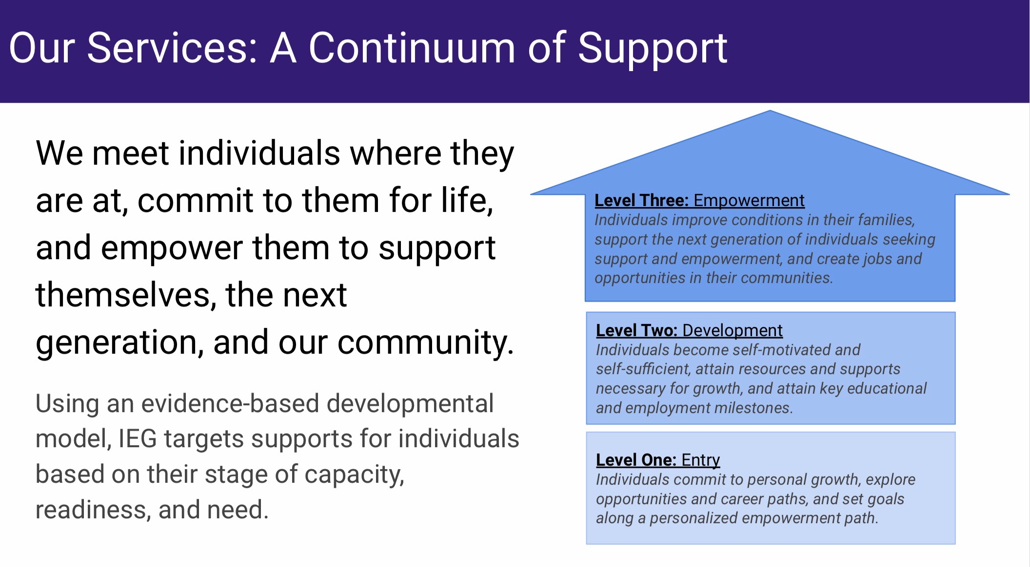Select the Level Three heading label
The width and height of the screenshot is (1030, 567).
click(641, 200)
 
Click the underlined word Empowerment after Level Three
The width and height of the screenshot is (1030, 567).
click(749, 201)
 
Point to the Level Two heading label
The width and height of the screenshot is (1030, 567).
click(636, 330)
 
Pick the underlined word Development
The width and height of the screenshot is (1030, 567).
click(733, 331)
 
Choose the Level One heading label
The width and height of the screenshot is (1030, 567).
click(636, 460)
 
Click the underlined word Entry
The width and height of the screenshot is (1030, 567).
click(701, 460)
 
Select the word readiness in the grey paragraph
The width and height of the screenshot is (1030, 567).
click(93, 510)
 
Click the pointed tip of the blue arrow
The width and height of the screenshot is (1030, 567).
click(770, 111)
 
